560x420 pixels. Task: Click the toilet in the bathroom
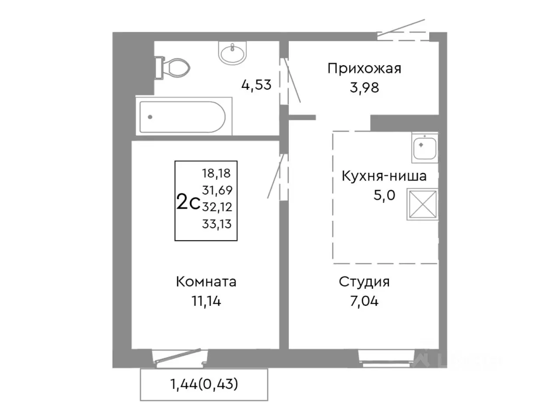173,68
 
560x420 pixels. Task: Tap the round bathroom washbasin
233,53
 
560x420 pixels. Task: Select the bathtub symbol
182,117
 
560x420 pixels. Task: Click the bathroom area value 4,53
256,84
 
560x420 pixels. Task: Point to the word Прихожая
364,69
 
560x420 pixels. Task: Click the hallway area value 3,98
364,88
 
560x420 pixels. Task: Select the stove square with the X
422,204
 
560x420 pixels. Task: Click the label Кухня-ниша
384,176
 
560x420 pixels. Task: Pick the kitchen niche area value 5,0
384,195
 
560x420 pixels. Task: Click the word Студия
364,282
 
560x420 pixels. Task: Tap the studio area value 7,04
364,301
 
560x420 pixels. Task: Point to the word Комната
206,282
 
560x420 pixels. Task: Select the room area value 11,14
206,301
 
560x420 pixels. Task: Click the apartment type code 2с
188,203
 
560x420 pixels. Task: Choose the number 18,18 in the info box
216,173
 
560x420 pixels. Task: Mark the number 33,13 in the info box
217,224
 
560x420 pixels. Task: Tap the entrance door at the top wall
402,31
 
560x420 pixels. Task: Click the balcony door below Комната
178,357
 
